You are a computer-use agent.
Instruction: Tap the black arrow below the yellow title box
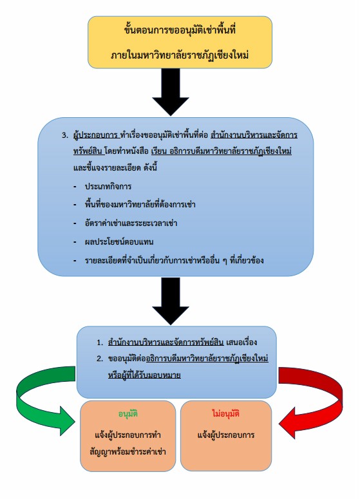171,91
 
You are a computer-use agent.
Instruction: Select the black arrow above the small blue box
171,301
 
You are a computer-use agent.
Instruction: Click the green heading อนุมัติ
128,414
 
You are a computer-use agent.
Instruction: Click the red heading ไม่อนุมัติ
225,413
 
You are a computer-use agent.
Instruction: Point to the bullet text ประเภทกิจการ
108,186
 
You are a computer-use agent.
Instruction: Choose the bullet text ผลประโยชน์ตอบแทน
119,241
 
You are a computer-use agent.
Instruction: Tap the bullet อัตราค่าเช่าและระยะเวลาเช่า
131,223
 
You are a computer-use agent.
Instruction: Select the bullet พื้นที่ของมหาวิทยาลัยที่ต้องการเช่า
140,204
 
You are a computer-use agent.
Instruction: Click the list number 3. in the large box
65,135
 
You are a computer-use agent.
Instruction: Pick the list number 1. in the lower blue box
100,343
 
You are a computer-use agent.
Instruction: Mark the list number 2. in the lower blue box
100,359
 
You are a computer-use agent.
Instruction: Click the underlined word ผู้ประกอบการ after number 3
95,135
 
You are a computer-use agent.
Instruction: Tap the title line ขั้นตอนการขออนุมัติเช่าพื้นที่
180,30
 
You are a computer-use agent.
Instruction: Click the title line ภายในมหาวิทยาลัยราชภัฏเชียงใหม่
180,55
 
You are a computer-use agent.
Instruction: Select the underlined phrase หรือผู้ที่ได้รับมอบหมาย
144,375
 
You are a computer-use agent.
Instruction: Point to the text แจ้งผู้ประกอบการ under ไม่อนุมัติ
226,435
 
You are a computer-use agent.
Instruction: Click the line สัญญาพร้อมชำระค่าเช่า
128,451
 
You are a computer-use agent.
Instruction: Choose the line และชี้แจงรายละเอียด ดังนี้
115,167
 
